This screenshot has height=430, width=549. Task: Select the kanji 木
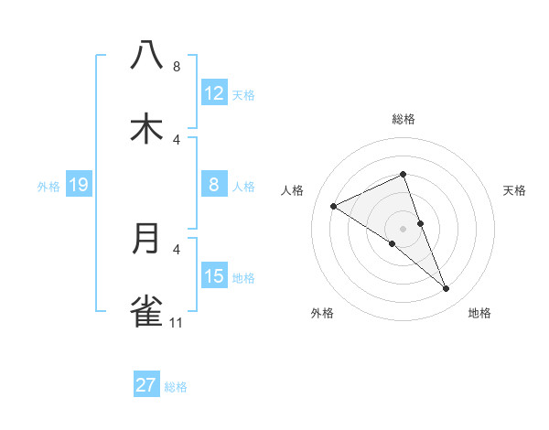point(146,128)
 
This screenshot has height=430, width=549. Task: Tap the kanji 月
point(146,238)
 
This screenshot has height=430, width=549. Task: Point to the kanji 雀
point(146,311)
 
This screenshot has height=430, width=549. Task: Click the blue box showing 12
point(214,93)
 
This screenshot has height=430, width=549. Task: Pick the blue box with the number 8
point(214,185)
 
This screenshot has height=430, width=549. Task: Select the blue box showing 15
point(214,276)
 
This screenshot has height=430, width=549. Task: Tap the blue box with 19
point(79,185)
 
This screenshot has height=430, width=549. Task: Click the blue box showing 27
point(146,385)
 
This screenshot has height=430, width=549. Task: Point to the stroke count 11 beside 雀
point(177,322)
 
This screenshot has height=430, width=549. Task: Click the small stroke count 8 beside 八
point(177,67)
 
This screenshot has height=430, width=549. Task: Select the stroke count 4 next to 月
point(177,248)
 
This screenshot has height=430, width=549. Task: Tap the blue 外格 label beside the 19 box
point(48,187)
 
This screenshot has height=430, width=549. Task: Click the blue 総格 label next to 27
point(176,387)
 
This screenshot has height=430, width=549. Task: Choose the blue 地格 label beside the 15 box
point(243,278)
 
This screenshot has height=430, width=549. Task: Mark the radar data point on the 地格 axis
point(447,289)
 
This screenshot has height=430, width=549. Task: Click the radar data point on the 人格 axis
point(333,207)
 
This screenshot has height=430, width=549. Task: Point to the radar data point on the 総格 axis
point(403,174)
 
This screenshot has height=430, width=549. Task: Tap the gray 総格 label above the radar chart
point(403,119)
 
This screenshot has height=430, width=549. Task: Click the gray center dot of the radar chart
point(403,228)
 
